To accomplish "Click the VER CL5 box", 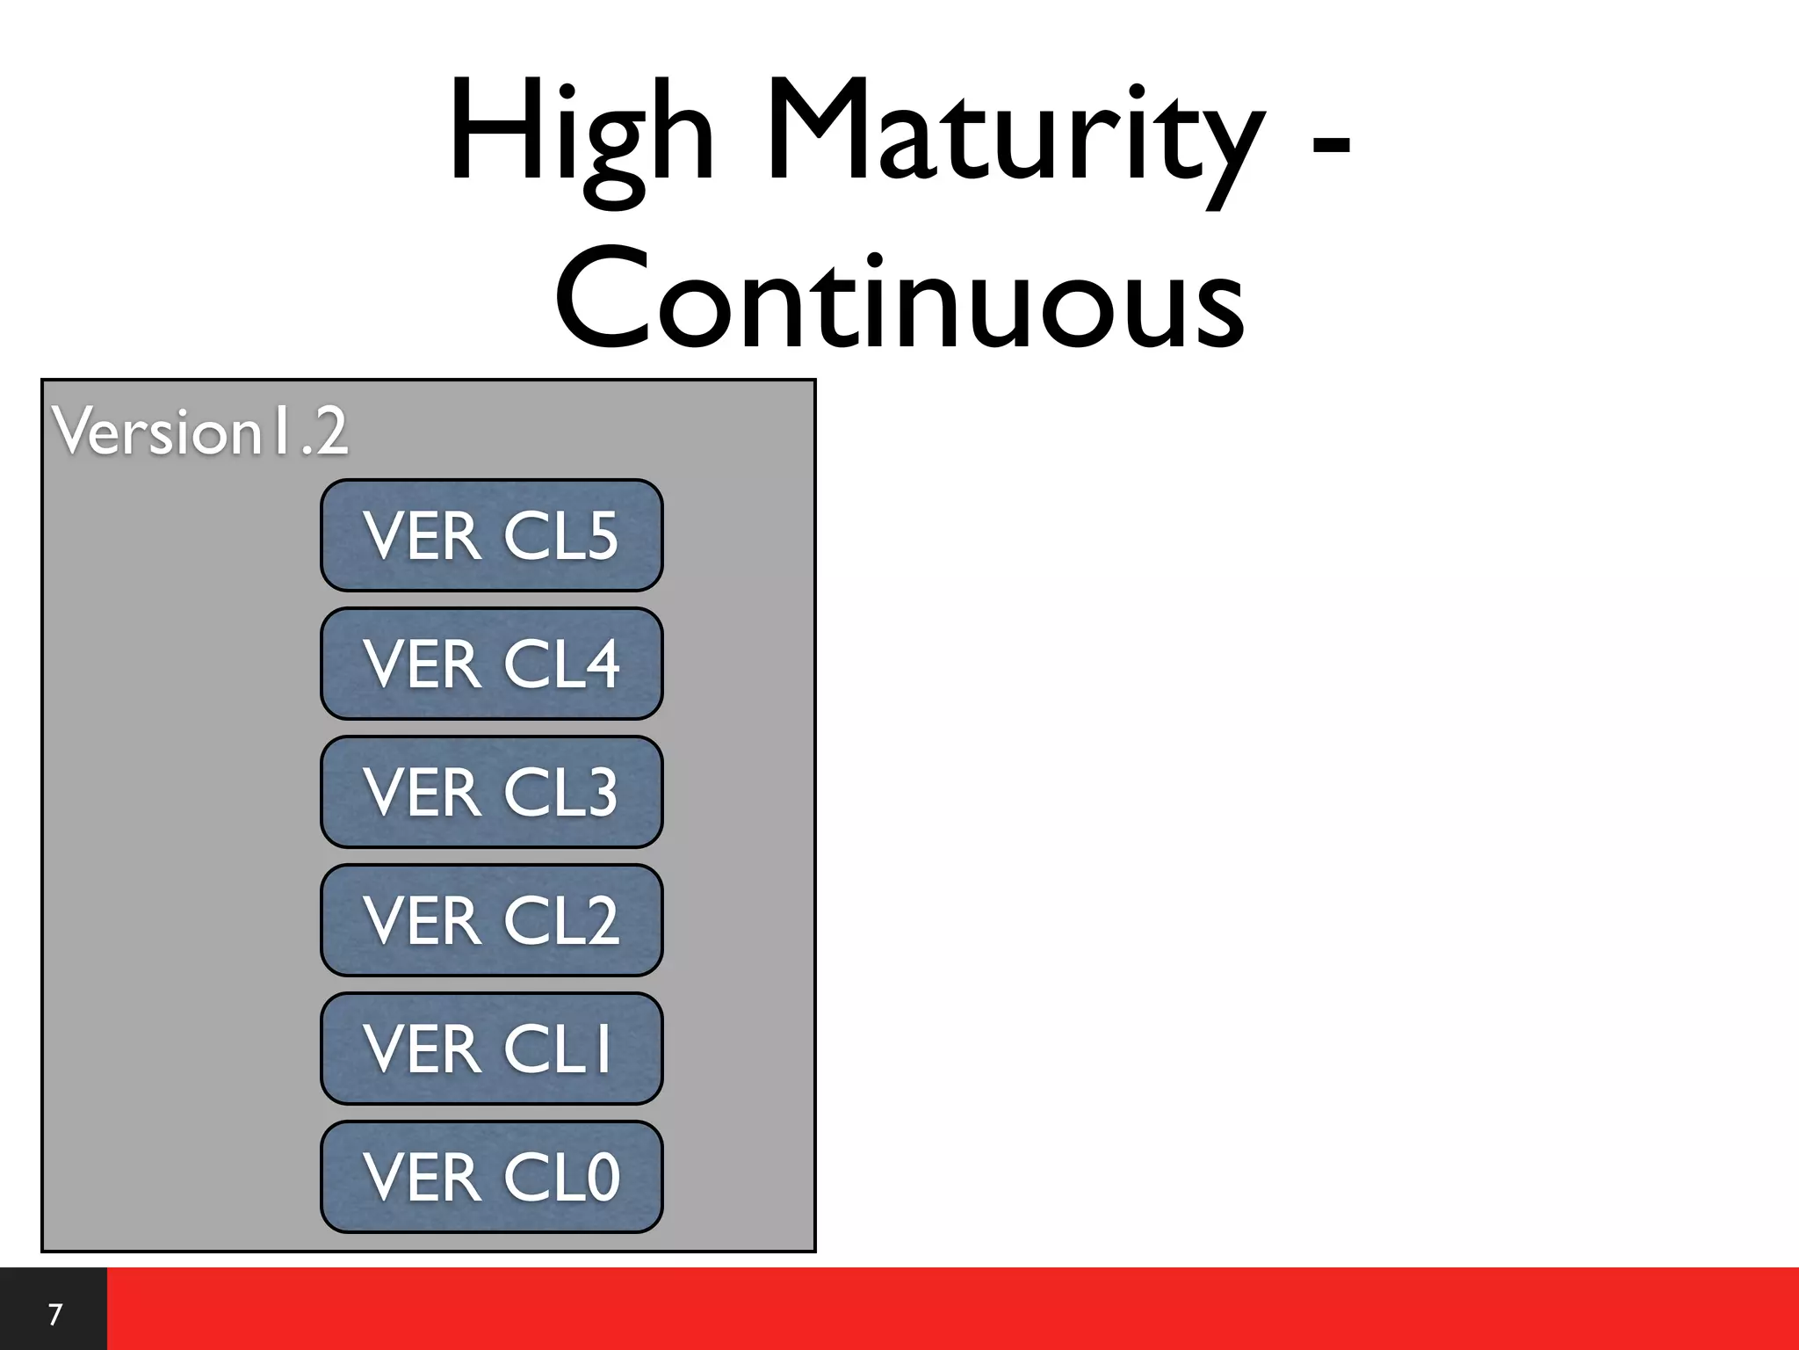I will click(491, 535).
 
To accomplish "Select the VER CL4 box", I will click(491, 664).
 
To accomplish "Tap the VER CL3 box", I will click(491, 792).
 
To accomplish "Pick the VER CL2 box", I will click(491, 920).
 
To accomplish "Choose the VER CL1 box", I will click(491, 1049).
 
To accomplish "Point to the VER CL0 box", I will click(491, 1177).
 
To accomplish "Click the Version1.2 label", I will click(200, 432).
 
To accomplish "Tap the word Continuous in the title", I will click(899, 299).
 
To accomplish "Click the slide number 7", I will click(54, 1315).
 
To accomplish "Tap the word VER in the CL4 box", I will click(423, 664).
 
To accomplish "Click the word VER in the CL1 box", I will click(423, 1049).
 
